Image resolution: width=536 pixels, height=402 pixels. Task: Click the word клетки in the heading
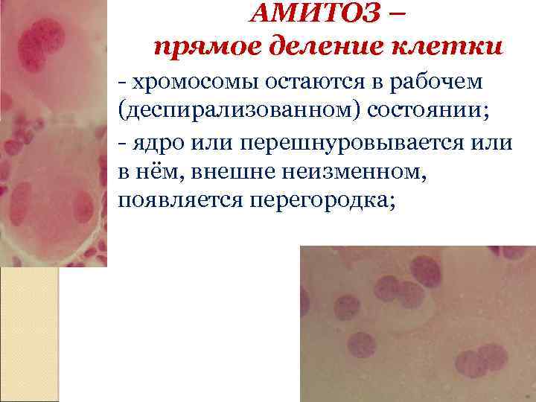pos(444,45)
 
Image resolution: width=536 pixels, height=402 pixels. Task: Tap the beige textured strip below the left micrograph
pos(29,335)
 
